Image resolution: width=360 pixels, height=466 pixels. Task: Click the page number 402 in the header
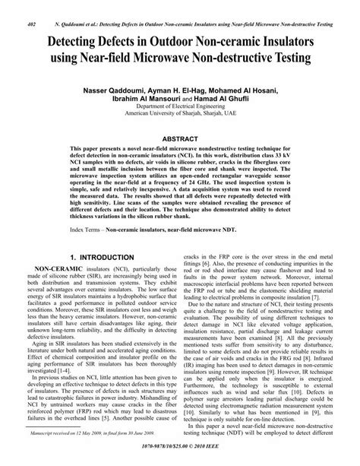coord(11,5)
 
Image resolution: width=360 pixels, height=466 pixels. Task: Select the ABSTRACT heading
coord(180,138)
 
